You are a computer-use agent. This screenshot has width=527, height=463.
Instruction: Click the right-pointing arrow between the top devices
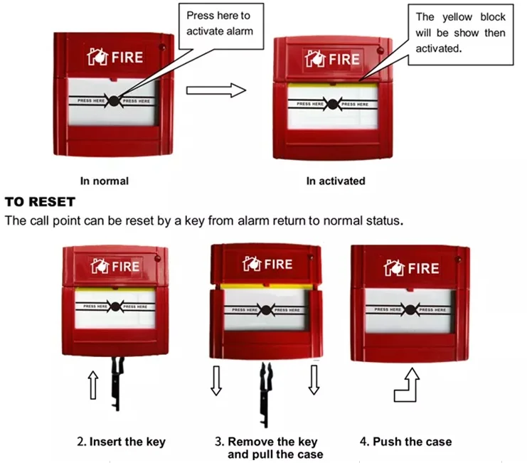click(215, 90)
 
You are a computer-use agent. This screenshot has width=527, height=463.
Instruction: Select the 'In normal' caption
click(105, 181)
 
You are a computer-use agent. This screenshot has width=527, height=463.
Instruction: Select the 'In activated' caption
click(336, 181)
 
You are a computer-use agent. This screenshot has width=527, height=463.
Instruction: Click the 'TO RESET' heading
click(40, 203)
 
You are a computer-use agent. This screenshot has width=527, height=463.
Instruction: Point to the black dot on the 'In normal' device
click(114, 101)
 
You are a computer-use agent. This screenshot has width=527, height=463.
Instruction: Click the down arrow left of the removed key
click(217, 381)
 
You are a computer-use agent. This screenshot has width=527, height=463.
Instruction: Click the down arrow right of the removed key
click(314, 381)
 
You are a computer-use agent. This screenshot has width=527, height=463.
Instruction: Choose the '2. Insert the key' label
click(121, 442)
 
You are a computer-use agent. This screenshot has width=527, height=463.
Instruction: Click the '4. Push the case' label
click(405, 442)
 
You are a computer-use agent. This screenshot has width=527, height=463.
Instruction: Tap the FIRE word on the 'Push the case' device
click(424, 268)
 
